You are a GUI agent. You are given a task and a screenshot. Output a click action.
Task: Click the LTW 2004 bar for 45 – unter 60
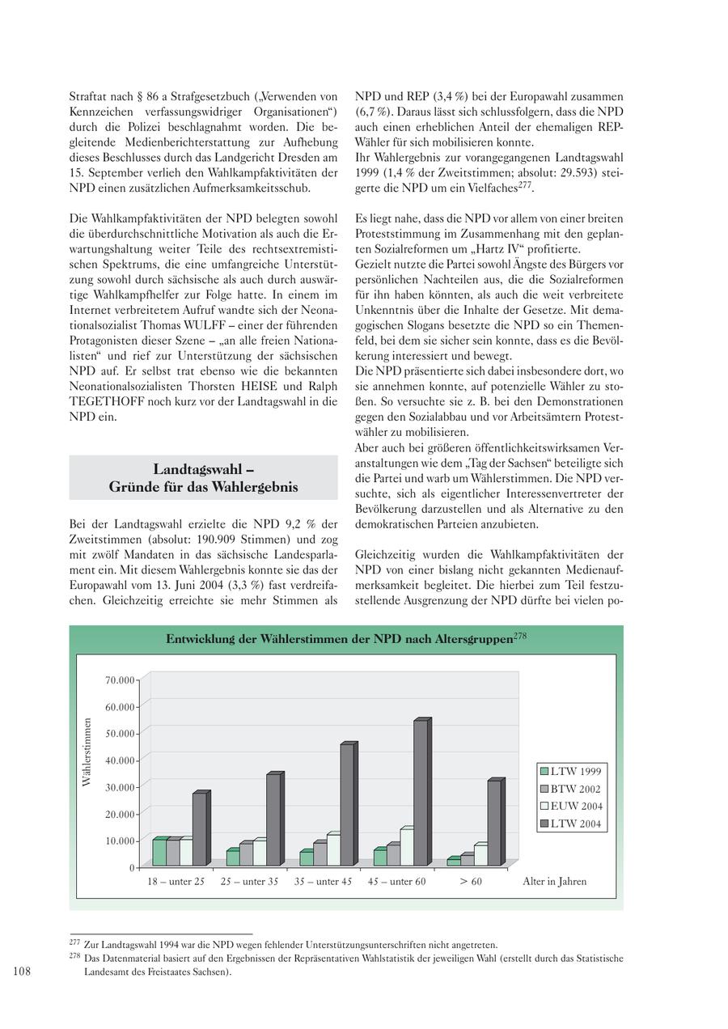point(420,793)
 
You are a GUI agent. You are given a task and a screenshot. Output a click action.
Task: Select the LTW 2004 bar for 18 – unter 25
point(199,829)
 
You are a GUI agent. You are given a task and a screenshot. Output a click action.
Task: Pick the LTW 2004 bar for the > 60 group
point(493,823)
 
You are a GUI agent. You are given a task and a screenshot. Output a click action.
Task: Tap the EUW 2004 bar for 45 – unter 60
point(406,847)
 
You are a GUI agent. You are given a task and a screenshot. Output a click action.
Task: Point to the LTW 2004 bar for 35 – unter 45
point(346,805)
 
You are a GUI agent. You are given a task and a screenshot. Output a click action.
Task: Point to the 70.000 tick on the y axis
point(120,680)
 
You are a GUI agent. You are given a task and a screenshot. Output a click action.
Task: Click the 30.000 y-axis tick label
point(120,787)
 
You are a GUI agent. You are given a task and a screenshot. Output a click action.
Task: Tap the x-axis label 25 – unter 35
point(249,882)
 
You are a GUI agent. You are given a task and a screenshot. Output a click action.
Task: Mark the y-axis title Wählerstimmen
point(86,752)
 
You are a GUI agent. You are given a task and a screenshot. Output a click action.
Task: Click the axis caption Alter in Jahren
point(555,882)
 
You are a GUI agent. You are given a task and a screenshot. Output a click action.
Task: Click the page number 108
point(22,972)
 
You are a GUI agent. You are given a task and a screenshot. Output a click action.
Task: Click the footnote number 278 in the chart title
point(520,637)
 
